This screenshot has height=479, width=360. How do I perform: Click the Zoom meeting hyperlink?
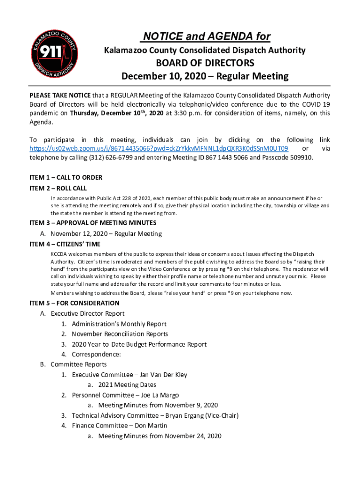point(158,148)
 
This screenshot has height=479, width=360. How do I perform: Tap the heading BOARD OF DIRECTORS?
point(205,63)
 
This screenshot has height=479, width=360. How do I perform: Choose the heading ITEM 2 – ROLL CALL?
point(58,188)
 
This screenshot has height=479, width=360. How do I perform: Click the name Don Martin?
point(151,426)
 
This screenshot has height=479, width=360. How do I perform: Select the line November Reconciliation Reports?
point(120,334)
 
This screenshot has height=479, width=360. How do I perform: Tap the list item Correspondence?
point(96,355)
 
